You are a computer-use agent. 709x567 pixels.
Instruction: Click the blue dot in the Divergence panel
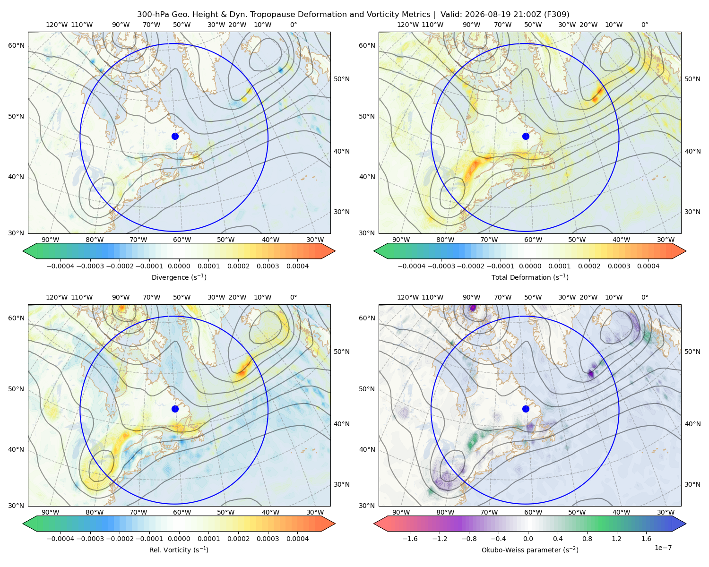pos(175,136)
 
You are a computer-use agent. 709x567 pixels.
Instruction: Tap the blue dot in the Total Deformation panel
pos(526,136)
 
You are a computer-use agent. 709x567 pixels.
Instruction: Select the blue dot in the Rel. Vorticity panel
pos(175,409)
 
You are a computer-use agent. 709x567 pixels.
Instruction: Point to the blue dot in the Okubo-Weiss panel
pos(526,409)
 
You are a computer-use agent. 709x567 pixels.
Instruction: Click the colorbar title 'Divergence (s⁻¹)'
pos(179,277)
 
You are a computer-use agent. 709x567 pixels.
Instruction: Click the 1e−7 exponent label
pos(663,548)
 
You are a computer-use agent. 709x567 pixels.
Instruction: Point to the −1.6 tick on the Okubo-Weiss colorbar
pos(410,539)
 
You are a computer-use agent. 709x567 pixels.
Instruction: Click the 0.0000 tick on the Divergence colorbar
pos(179,266)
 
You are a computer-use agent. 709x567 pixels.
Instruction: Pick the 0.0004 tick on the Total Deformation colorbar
pos(648,266)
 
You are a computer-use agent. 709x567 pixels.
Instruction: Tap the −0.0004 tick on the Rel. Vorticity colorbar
pos(61,539)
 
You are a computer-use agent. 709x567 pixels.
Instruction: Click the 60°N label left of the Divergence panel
pos(16,45)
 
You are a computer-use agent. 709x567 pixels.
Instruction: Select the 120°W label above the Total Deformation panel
pos(407,25)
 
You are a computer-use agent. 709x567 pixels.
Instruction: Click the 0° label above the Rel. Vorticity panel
pos(294,297)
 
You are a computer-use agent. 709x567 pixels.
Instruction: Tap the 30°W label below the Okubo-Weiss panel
pos(666,512)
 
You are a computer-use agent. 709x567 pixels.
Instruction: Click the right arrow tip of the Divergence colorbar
pos(335,251)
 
